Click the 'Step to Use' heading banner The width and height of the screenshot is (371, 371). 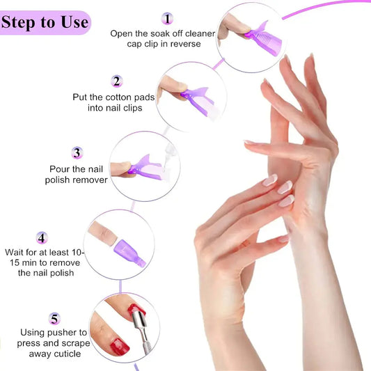click(45, 22)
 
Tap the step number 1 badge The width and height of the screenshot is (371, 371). click(167, 18)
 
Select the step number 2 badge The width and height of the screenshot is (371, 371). click(117, 81)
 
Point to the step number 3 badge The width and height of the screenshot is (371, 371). click(77, 152)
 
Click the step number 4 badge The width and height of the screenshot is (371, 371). click(42, 238)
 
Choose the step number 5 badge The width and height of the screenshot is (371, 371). click(54, 319)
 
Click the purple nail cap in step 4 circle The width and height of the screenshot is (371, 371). click(127, 248)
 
